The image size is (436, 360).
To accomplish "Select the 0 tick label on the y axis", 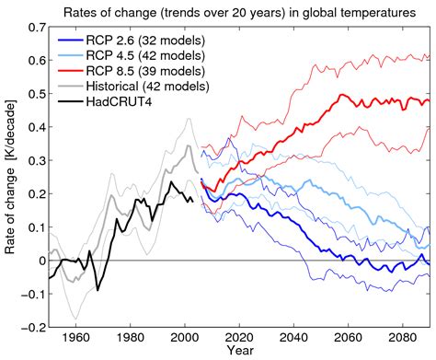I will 39,261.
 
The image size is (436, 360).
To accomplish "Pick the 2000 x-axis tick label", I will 186,338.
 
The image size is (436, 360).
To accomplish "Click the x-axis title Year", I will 238,353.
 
